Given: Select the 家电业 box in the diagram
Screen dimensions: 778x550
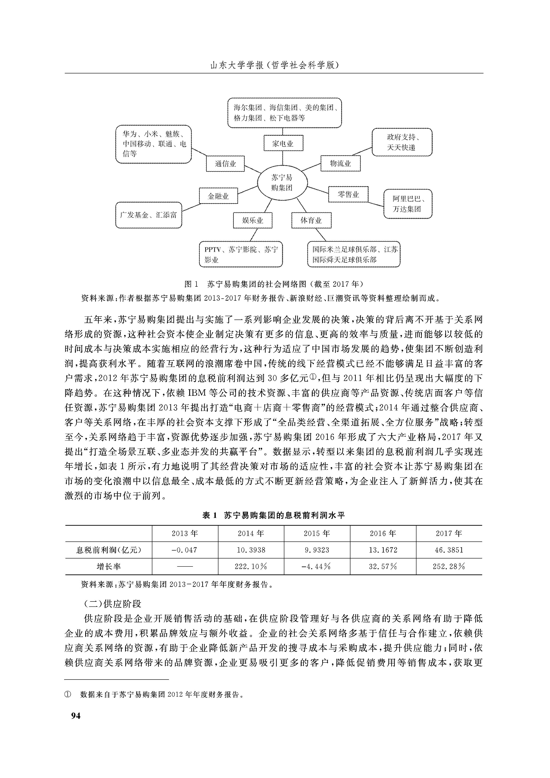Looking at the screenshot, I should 283,143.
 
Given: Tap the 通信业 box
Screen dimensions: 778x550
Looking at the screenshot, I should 225,164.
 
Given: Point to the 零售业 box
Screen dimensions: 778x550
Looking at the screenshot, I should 348,194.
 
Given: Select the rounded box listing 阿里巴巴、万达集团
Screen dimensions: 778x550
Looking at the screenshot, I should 408,204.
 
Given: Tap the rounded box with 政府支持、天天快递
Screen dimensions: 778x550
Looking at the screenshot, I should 402,142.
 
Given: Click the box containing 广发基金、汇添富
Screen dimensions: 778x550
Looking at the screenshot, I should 149,215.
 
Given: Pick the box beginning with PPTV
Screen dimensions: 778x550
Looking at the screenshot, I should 241,255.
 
